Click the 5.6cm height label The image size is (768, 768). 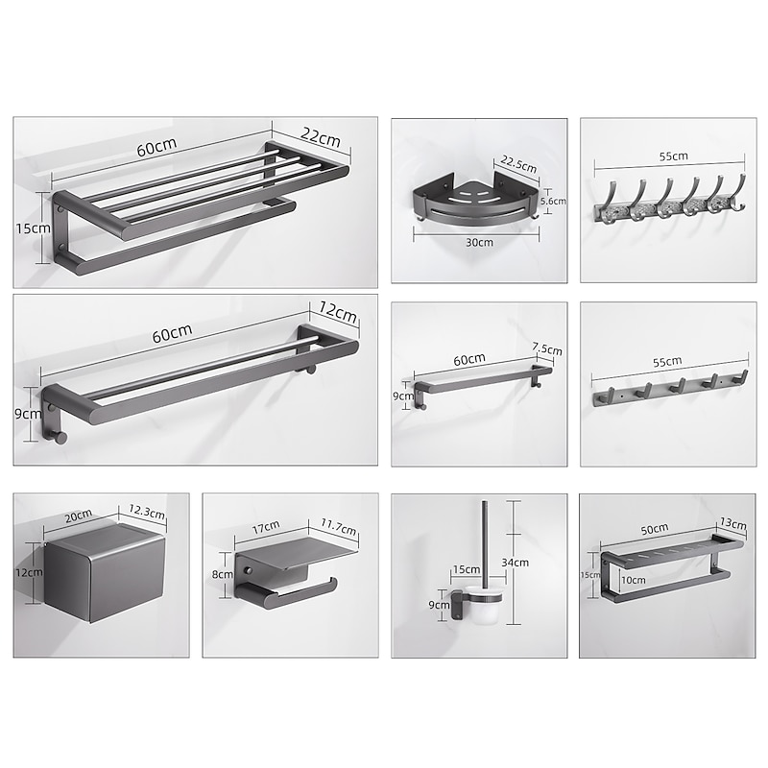[554, 202]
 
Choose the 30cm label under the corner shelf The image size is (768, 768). [478, 243]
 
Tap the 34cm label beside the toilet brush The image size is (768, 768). [520, 563]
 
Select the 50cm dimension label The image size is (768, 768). [654, 529]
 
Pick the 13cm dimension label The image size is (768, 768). [732, 523]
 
